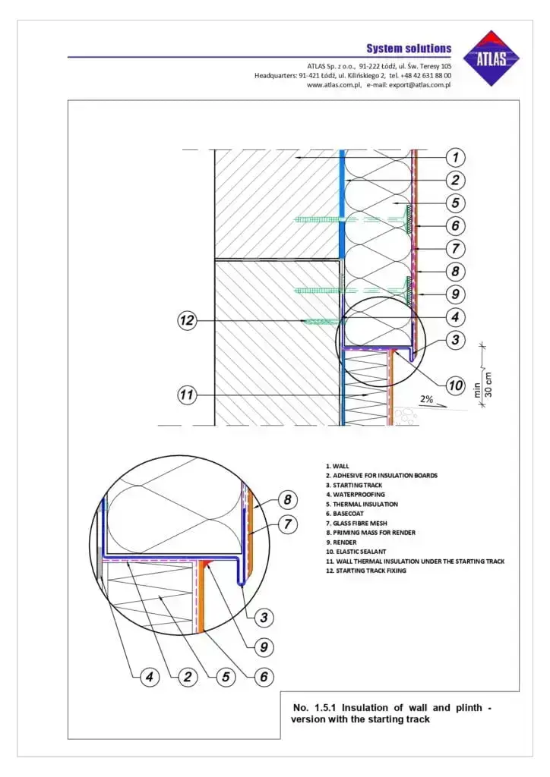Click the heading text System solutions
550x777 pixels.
point(409,49)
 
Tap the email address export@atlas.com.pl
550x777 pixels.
point(419,85)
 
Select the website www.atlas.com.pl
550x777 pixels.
point(334,85)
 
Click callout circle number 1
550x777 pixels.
point(454,158)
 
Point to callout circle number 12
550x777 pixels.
point(187,321)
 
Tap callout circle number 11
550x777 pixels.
point(187,395)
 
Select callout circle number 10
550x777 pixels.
point(454,385)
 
